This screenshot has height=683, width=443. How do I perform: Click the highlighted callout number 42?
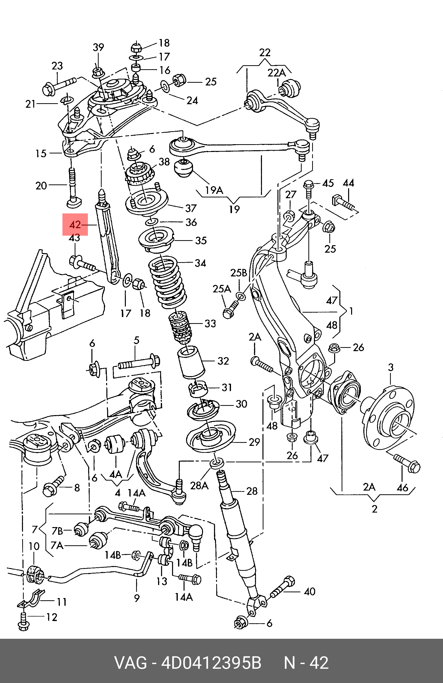tap(75, 224)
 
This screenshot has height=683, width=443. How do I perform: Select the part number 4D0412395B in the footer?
tap(211, 663)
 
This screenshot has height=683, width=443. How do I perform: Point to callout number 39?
tap(98, 47)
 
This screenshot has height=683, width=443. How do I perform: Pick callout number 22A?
tap(277, 73)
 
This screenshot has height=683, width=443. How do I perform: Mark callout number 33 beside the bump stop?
tap(210, 323)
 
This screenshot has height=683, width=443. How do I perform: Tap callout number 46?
tap(402, 487)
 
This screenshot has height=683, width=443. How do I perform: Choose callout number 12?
tap(52, 617)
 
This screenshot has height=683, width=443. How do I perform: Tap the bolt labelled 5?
tap(139, 364)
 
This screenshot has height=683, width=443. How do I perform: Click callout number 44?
tap(348, 183)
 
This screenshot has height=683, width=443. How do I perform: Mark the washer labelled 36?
tap(151, 222)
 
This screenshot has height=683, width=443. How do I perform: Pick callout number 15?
tap(41, 153)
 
